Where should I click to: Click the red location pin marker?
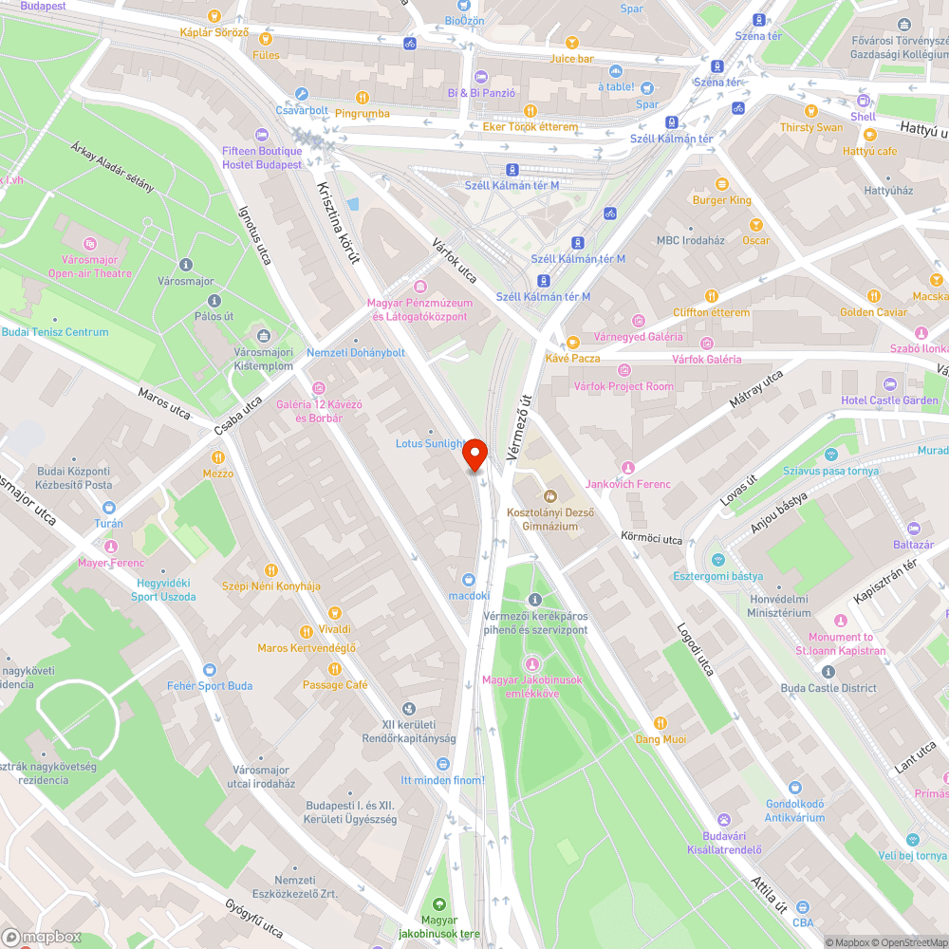click(474, 456)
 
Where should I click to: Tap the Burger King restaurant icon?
click(722, 184)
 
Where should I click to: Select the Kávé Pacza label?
click(572, 358)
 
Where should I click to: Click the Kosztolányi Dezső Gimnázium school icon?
click(549, 495)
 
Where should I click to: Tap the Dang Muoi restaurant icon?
click(661, 723)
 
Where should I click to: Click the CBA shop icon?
click(803, 906)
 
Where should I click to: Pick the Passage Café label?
click(335, 685)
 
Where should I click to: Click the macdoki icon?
click(469, 579)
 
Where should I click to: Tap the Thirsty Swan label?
click(810, 127)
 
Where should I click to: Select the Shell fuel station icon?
click(863, 101)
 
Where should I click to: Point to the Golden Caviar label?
click(873, 312)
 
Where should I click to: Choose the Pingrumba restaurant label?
click(363, 114)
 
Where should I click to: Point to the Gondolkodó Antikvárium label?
click(795, 810)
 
